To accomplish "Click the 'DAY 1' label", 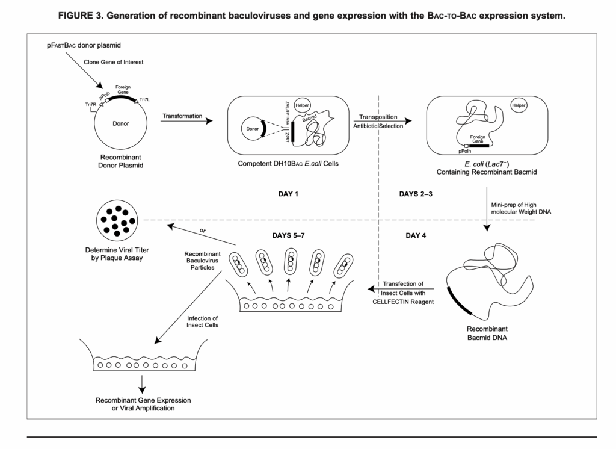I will pyautogui.click(x=285, y=194).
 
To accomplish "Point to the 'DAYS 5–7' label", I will pyautogui.click(x=291, y=235).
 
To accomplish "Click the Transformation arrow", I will pyautogui.click(x=186, y=121).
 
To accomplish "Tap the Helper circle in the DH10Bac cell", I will pyautogui.click(x=303, y=105).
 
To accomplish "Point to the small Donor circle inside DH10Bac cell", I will pyautogui.click(x=252, y=128).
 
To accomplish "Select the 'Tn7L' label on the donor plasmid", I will pyautogui.click(x=145, y=100).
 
